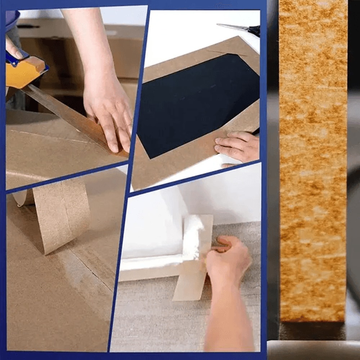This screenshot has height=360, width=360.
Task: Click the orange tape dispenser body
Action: (25, 74)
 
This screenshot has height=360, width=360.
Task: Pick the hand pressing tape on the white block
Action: (227, 259)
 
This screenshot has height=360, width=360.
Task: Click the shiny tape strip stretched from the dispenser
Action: (68, 115)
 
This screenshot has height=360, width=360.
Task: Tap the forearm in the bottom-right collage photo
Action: (230, 317)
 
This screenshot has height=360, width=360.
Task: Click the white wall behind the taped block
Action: (223, 194)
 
